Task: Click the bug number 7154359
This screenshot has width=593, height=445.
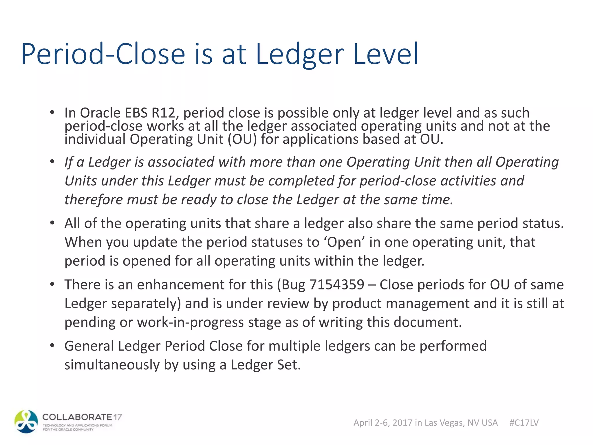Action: coord(337,284)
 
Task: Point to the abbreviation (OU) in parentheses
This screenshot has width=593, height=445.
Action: coord(242,139)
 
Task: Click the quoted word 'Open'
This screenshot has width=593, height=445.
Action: coord(344,242)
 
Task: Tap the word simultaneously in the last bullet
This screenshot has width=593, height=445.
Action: coord(112,365)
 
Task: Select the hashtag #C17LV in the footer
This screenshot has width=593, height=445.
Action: coord(524,423)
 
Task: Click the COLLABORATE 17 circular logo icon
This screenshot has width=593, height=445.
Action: coord(26,422)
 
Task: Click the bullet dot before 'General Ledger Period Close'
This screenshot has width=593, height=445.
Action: coord(52,346)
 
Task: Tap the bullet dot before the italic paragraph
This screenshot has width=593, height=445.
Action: coord(52,162)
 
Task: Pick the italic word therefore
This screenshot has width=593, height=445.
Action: coord(93,200)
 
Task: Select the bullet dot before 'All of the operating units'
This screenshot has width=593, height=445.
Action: coord(52,223)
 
